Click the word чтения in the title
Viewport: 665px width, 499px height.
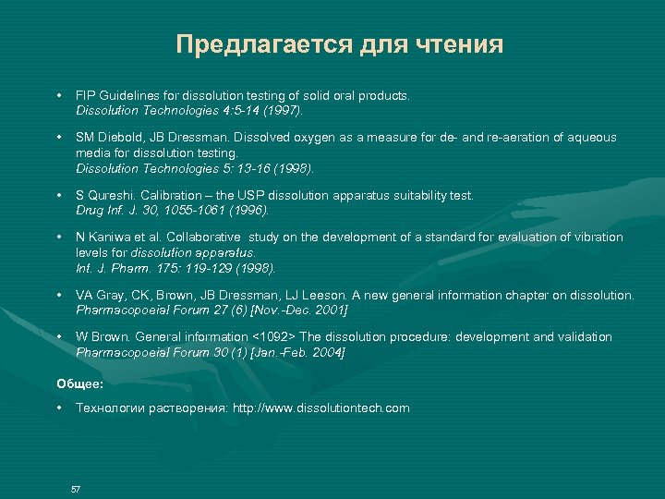click(463, 45)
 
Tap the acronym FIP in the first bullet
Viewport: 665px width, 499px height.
click(85, 95)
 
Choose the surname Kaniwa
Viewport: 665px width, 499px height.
click(111, 237)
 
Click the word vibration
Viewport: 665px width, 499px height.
click(598, 237)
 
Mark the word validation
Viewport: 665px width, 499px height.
click(584, 337)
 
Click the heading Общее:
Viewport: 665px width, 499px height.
click(80, 382)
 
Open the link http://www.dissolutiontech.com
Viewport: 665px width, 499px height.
click(320, 408)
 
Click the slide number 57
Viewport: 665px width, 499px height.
click(76, 488)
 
